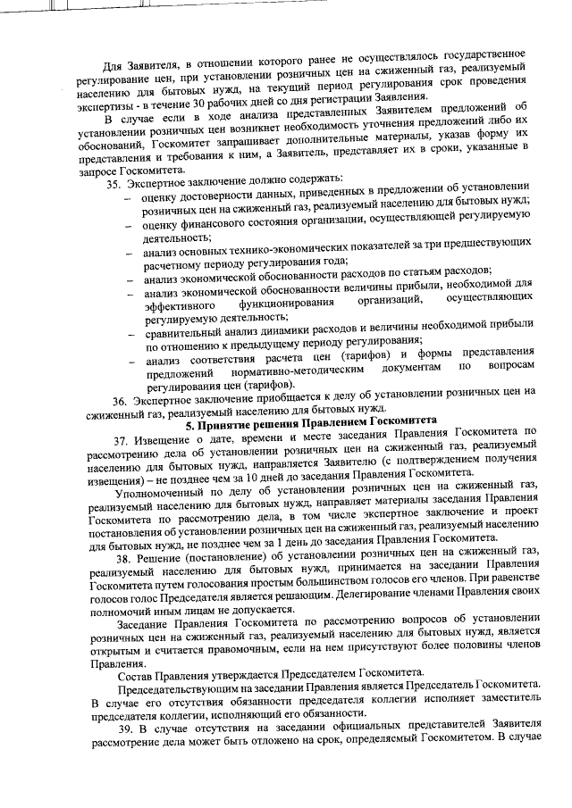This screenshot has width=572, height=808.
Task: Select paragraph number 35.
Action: coord(114,184)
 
